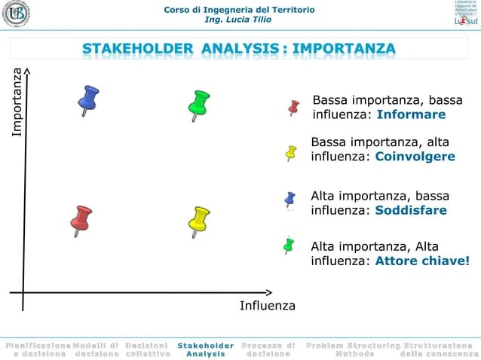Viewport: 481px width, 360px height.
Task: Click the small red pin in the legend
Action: (294, 108)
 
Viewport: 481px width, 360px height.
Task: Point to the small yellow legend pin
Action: (291, 152)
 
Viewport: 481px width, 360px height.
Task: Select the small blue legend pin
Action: (290, 199)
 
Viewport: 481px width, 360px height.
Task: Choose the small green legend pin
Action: (288, 245)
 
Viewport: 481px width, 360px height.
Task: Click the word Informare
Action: (411, 115)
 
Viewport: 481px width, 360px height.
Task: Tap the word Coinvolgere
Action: (415, 157)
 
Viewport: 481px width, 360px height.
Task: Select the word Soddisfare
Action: (411, 210)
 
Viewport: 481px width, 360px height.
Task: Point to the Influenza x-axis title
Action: (268, 306)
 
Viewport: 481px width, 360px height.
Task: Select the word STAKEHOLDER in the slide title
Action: (137, 50)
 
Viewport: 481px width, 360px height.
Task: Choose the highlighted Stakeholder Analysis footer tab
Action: (205, 349)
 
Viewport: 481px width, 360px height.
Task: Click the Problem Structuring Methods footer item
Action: (352, 349)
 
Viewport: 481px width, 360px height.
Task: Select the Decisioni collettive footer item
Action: (148, 349)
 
